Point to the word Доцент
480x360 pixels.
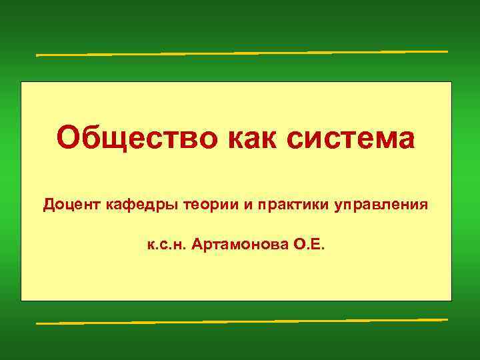(71, 203)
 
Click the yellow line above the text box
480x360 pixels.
(241, 53)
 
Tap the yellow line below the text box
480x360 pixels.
(241, 321)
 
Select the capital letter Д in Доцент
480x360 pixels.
(49, 203)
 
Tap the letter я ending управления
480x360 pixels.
(423, 204)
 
